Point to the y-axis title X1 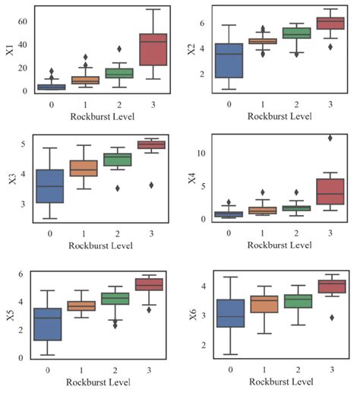(9, 51)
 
